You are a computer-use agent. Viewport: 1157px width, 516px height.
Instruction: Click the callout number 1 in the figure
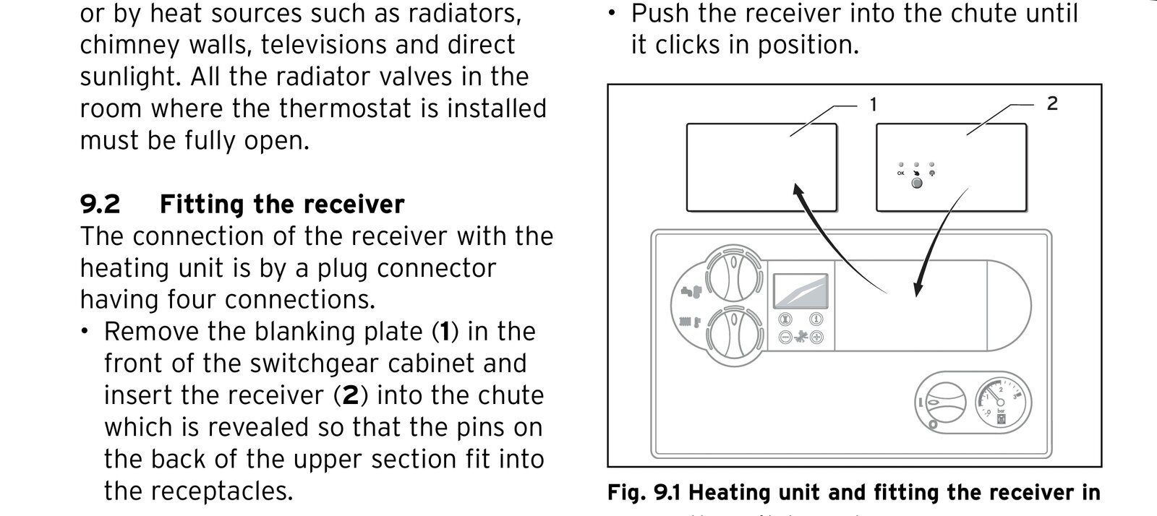[873, 105]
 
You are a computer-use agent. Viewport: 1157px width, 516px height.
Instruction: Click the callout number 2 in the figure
[1051, 103]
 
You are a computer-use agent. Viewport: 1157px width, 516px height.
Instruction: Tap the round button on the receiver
[916, 184]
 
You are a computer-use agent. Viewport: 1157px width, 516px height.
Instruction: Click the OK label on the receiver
[900, 173]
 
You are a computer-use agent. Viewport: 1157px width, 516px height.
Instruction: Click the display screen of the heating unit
[800, 292]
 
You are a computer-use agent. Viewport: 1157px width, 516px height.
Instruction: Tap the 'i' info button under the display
[816, 319]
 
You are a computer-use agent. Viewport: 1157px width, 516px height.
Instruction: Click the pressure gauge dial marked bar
[1002, 403]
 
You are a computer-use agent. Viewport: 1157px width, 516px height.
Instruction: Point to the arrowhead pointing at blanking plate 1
[798, 191]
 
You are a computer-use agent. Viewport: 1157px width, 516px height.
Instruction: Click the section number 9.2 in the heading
[100, 205]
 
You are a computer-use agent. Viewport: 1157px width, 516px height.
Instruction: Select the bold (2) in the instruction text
[350, 395]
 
